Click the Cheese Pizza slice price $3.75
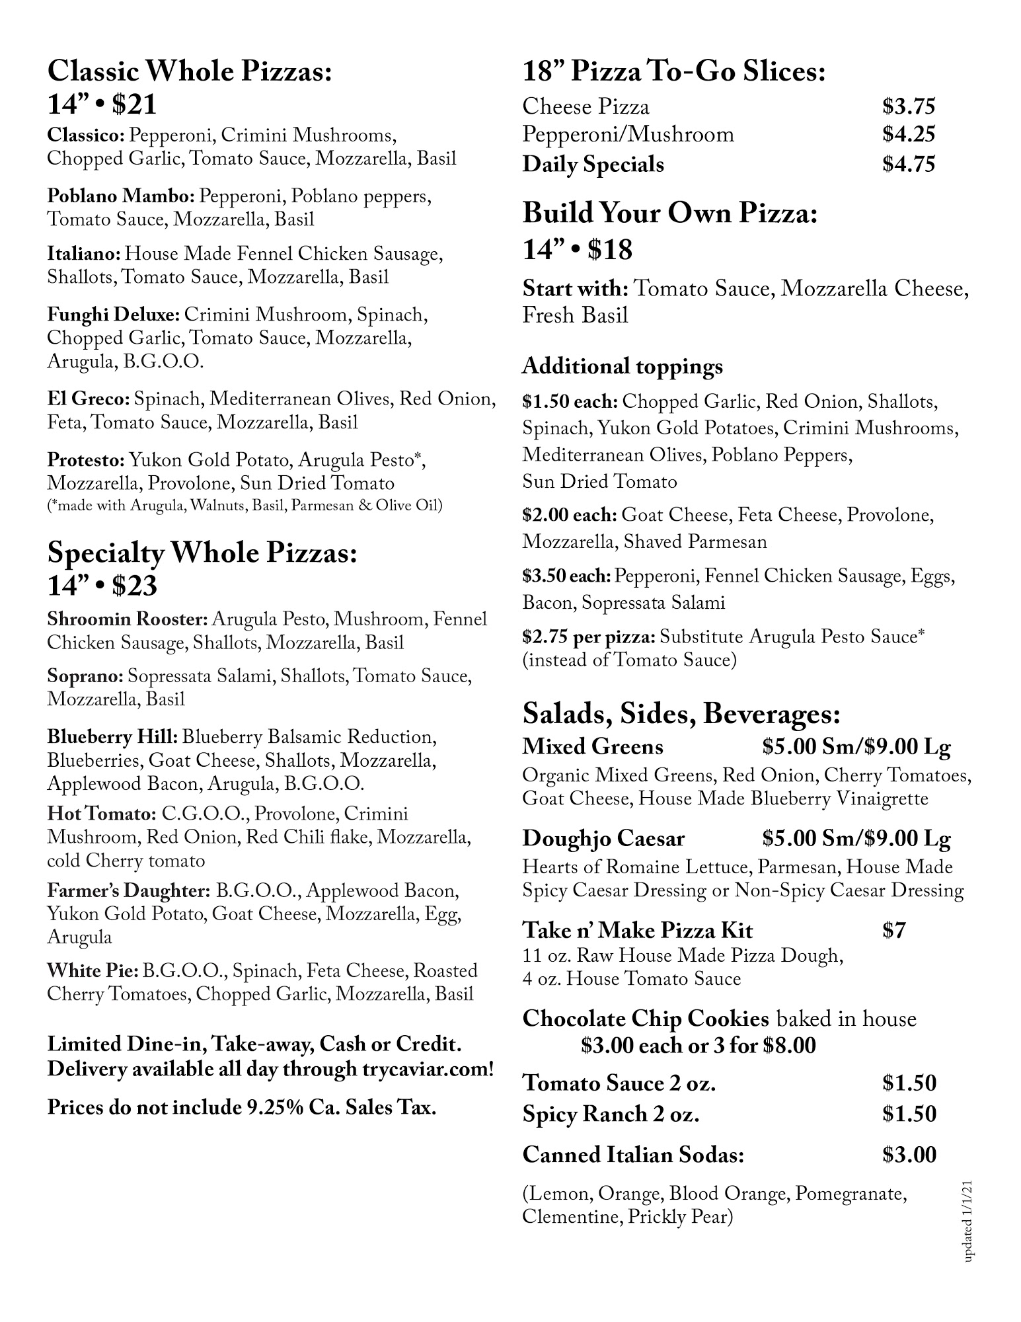click(x=909, y=106)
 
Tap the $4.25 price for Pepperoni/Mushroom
click(x=909, y=135)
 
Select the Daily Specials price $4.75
click(x=909, y=164)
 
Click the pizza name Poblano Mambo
click(x=120, y=196)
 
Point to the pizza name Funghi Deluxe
click(x=113, y=315)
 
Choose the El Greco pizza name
click(x=87, y=399)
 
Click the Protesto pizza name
click(x=85, y=459)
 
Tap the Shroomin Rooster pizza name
click(x=128, y=619)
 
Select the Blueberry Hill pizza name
click(x=112, y=737)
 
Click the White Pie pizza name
click(x=92, y=971)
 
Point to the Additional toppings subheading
click(x=623, y=366)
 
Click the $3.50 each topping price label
click(x=566, y=576)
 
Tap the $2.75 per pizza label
click(x=588, y=637)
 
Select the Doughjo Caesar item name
click(x=603, y=839)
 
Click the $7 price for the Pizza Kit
click(x=894, y=931)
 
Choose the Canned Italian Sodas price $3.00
click(x=909, y=1155)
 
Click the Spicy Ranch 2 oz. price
click(x=909, y=1114)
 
